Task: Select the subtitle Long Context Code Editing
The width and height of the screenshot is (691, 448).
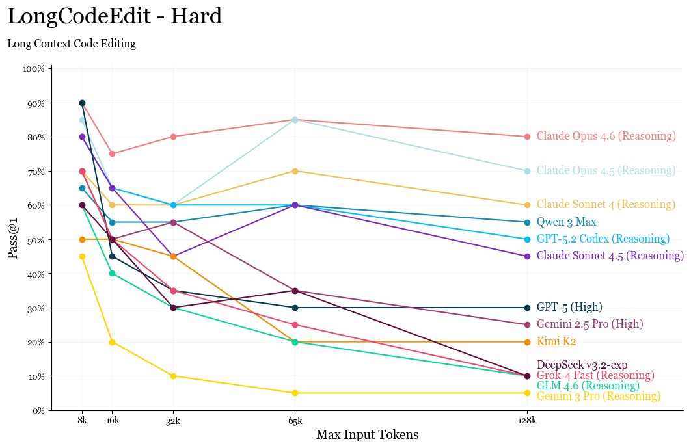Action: pos(72,44)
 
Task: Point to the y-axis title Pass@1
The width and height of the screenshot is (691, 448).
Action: pos(13,239)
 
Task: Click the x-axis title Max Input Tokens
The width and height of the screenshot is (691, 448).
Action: pos(367,434)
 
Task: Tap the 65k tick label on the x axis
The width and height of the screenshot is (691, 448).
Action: pos(295,421)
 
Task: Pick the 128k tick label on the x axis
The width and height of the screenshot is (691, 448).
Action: pos(527,421)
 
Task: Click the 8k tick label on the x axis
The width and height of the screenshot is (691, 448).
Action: pos(82,421)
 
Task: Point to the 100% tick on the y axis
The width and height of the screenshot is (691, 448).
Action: pos(33,68)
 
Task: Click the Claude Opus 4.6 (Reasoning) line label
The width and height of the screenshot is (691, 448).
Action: pos(606,137)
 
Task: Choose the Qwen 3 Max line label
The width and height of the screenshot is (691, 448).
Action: pos(566,222)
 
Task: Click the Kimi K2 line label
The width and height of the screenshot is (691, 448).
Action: pos(556,342)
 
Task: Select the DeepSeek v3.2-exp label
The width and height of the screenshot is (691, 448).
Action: pos(582,365)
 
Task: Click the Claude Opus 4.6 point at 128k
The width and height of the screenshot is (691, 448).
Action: pos(527,137)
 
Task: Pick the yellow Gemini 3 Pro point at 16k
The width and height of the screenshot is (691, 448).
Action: pos(113,342)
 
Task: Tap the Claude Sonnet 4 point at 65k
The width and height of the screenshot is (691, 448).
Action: pos(295,171)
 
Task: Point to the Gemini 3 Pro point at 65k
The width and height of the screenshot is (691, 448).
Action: pos(295,393)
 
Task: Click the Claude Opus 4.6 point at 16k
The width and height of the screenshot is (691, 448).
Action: pos(113,153)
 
